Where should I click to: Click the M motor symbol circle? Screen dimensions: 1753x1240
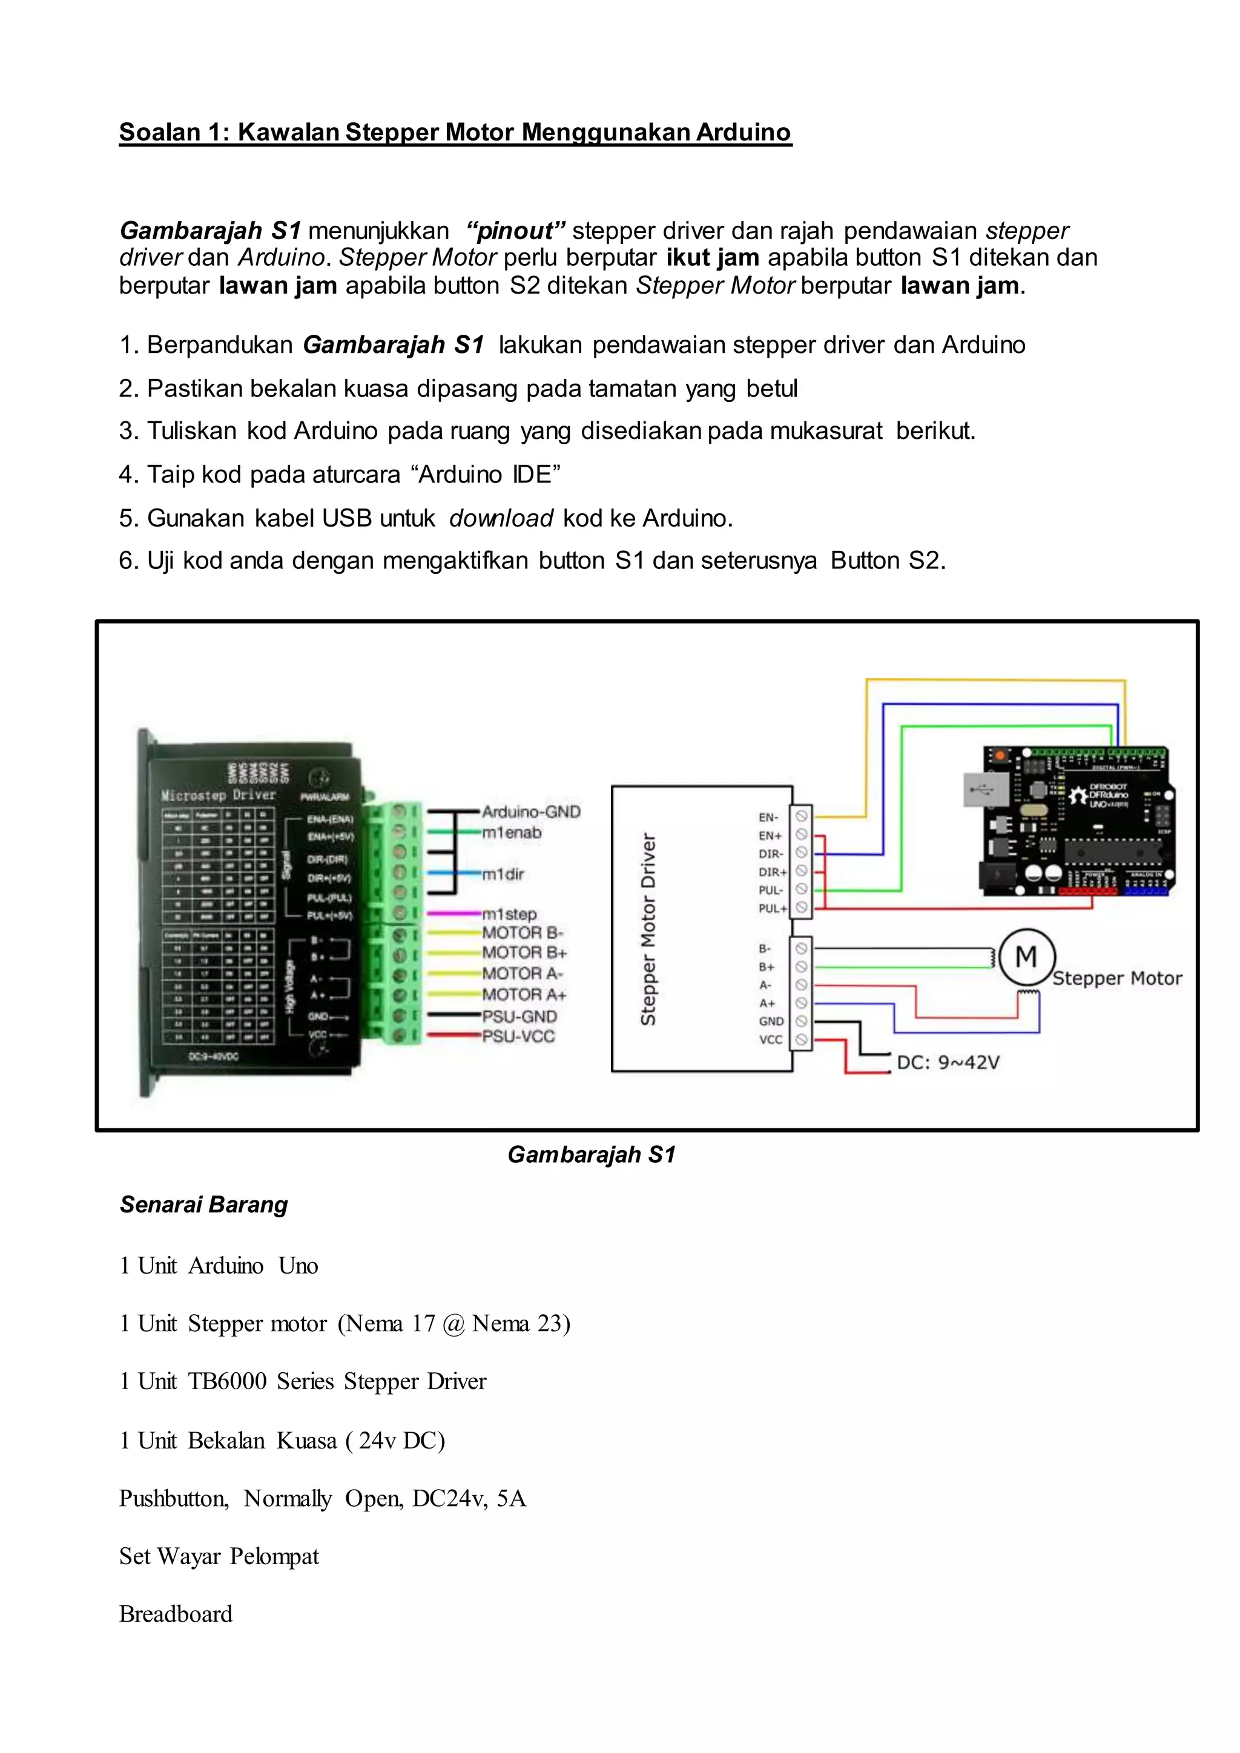1026,956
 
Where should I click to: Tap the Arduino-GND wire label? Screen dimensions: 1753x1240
530,812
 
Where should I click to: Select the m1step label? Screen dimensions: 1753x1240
509,914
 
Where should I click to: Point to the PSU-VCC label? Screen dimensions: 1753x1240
518,1036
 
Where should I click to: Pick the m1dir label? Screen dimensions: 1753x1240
503,874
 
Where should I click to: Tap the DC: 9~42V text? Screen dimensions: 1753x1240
948,1063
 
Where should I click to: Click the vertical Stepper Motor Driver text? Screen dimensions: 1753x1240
647,929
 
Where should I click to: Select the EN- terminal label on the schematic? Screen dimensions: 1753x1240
768,817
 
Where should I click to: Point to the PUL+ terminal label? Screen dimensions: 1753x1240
772,909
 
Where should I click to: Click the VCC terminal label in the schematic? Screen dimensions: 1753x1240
770,1039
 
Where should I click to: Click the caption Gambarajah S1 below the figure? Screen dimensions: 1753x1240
591,1154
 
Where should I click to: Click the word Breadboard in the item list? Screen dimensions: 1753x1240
176,1614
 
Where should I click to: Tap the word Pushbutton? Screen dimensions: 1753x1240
173,1498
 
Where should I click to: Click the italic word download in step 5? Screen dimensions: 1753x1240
500,518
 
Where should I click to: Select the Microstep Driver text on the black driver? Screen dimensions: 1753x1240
217,795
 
